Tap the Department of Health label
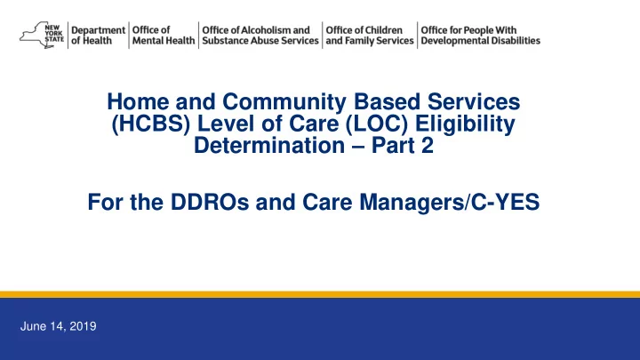98,36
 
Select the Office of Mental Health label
164,36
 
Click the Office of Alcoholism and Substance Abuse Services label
260,36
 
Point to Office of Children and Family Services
370,36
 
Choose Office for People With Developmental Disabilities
480,36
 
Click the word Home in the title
138,101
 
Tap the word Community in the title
284,102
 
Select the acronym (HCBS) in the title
151,124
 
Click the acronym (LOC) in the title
376,124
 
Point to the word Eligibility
465,124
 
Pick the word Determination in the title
269,145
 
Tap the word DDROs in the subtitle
210,202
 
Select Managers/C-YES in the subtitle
450,202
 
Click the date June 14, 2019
59,326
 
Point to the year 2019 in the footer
83,326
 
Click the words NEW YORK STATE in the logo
54,34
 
